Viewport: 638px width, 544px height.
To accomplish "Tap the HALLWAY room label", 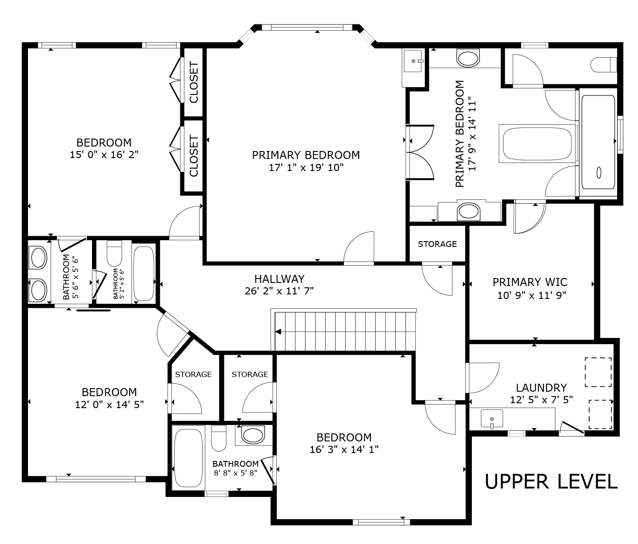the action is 279,279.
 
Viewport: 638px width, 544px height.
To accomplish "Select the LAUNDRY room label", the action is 542,388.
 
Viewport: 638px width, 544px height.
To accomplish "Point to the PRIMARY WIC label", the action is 530,282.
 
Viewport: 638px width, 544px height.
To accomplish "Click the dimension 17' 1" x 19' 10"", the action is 306,167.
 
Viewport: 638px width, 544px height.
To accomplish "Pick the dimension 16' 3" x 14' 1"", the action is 344,449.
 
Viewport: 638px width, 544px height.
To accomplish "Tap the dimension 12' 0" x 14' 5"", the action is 110,405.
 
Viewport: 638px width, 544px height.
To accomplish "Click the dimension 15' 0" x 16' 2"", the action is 104,154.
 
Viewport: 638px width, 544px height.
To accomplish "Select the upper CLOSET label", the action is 194,82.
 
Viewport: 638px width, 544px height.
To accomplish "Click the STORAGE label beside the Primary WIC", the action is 437,244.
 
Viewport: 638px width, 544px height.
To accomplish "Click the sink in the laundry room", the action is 492,419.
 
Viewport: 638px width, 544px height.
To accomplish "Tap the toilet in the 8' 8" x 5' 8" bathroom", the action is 219,438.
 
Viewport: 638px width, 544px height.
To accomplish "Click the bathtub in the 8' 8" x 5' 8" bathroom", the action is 188,458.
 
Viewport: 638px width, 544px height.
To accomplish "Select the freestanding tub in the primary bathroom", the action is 538,143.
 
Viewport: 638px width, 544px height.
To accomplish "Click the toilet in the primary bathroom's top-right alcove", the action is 604,65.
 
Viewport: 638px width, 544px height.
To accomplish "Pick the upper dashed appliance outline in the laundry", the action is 598,372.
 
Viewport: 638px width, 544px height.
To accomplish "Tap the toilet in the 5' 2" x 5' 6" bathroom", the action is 114,253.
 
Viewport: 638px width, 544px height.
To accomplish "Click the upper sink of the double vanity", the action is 38,257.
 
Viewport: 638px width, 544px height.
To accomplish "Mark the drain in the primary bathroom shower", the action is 599,173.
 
